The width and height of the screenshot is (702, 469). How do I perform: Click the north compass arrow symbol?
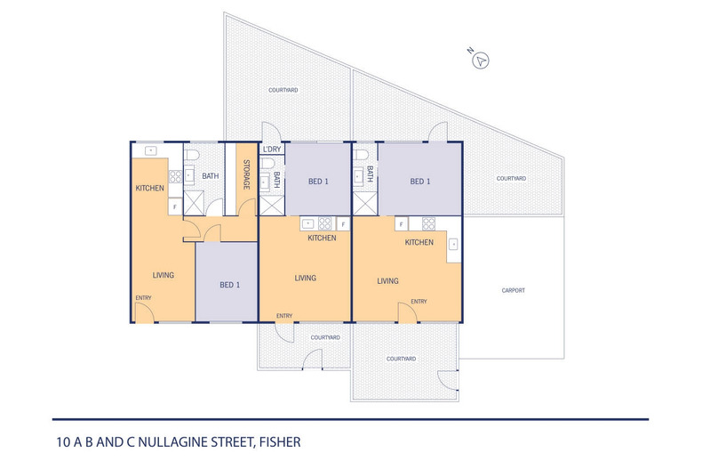[481, 61]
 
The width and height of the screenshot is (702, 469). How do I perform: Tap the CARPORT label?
[513, 290]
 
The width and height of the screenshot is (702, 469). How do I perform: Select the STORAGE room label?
[246, 174]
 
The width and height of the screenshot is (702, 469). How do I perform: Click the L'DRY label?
[272, 150]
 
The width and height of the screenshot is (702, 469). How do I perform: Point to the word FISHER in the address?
[280, 442]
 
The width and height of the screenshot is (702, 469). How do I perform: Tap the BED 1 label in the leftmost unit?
[229, 285]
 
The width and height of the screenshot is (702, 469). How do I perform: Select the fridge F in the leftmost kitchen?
[175, 207]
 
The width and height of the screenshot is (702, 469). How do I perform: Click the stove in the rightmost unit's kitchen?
[428, 223]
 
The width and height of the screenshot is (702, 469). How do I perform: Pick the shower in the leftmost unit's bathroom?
[194, 203]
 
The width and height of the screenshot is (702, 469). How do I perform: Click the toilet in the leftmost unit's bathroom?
[192, 155]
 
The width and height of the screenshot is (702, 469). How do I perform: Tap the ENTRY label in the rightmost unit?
[419, 302]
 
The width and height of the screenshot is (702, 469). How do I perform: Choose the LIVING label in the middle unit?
[306, 278]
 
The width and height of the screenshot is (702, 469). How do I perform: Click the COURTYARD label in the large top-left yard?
[283, 90]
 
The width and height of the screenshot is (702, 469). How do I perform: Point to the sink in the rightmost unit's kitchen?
[453, 245]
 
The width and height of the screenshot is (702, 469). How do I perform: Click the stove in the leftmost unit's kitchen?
[175, 177]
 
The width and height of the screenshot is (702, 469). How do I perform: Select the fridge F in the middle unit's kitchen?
[343, 223]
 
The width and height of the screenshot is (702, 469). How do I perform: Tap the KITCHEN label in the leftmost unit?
[149, 189]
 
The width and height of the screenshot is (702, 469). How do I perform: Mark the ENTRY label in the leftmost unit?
[143, 298]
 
